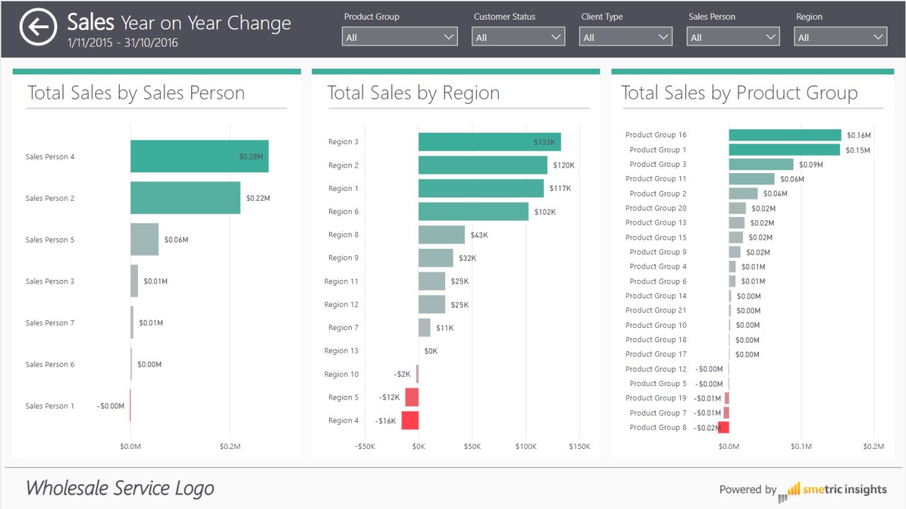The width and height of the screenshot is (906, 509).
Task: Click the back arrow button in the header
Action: (38, 28)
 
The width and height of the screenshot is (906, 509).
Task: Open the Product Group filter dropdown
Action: (399, 37)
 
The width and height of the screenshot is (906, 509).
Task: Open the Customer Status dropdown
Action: (518, 37)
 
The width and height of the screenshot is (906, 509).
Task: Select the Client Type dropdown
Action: (625, 37)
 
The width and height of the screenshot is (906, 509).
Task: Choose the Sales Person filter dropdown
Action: (733, 37)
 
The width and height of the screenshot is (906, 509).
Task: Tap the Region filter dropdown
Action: (840, 37)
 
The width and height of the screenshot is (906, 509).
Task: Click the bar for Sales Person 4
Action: (199, 156)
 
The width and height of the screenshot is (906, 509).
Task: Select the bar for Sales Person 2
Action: (185, 198)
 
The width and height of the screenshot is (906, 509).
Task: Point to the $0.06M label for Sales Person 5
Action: (176, 240)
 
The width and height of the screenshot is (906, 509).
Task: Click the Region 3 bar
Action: (489, 141)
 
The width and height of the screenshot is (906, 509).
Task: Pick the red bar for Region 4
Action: (410, 421)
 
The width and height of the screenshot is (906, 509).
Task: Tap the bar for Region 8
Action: (441, 235)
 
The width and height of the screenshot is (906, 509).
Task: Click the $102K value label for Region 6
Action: (545, 211)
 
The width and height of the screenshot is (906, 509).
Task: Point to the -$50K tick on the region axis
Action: (365, 446)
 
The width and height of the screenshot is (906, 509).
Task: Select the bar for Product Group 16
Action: (784, 135)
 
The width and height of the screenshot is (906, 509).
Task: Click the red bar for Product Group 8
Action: (723, 428)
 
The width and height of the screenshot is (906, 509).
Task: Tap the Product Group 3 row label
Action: (658, 164)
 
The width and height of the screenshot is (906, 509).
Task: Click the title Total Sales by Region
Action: (413, 93)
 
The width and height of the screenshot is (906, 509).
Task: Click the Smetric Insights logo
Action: (832, 490)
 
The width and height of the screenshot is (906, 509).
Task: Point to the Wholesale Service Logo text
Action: (120, 488)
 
